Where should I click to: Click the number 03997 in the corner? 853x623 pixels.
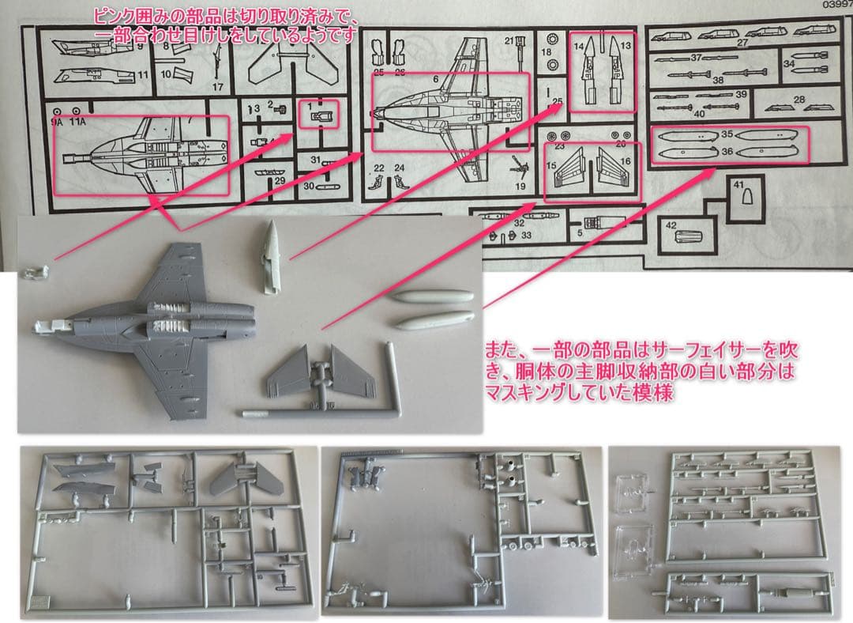(x=835, y=5)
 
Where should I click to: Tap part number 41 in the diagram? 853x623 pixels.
(x=738, y=184)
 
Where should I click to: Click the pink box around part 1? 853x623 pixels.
(x=320, y=113)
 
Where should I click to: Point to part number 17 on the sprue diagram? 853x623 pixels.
(x=218, y=86)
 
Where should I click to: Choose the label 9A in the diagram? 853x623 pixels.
(x=56, y=123)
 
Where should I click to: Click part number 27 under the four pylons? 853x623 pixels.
(x=742, y=43)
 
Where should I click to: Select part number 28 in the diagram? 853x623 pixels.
(x=799, y=100)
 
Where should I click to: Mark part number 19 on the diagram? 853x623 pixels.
(x=520, y=186)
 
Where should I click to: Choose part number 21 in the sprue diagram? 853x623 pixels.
(x=509, y=40)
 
